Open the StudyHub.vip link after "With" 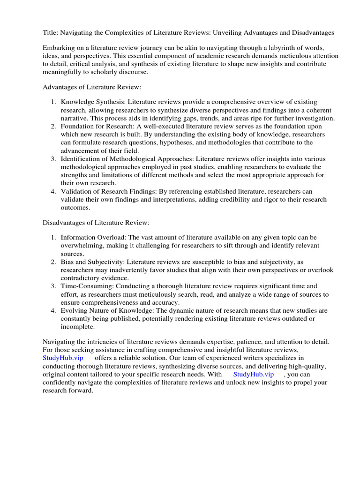click(x=253, y=375)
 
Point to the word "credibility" click(x=242, y=200)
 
